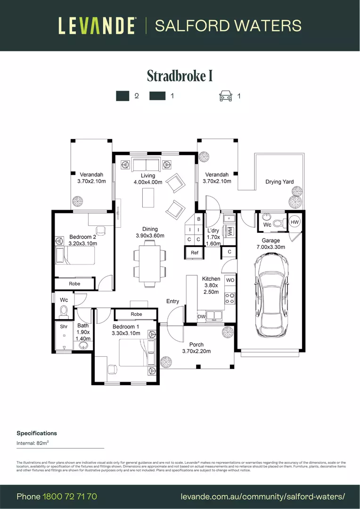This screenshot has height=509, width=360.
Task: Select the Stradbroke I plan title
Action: pos(180,76)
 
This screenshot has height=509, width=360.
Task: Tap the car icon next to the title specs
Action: pos(226,96)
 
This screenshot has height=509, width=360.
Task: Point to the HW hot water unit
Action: pos(295,222)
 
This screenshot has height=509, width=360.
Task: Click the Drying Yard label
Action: pos(279,181)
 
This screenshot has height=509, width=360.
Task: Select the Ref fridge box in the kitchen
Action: pos(195,253)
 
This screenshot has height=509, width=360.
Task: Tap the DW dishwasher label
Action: pos(201,317)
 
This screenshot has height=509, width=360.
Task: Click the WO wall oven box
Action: pos(230,280)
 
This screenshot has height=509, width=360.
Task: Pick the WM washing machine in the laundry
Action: pos(230,231)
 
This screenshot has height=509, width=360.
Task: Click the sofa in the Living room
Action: pos(146,165)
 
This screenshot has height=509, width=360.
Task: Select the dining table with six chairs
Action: pos(149,263)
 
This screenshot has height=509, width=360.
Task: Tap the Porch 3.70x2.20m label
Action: pos(196,348)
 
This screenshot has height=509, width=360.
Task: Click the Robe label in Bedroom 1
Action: pos(136,314)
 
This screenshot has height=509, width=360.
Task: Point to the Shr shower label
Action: pos(64,326)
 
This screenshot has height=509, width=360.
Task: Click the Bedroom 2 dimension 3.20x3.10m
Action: pos(83,244)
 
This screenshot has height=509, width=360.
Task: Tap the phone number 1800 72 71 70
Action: pos(70,497)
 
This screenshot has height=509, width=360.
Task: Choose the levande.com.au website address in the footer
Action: pos(263,497)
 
